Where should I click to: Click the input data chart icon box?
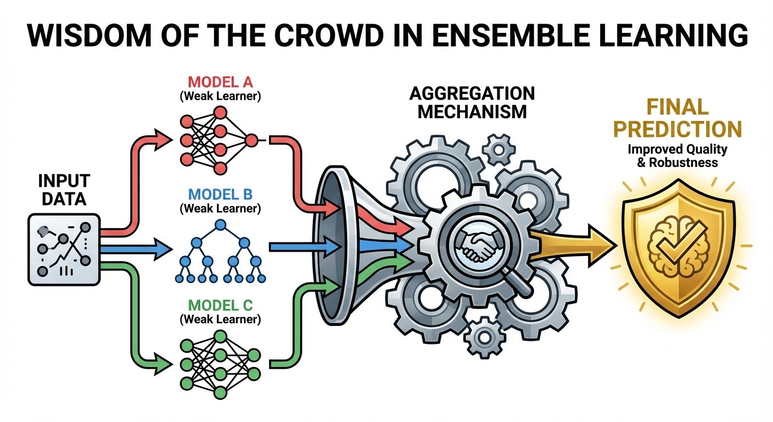pos(63,249)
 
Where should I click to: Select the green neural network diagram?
pos(218,363)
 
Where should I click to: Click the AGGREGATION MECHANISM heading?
pos(472,102)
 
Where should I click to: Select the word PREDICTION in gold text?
pos(677,129)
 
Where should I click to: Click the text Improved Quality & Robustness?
pos(677,156)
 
